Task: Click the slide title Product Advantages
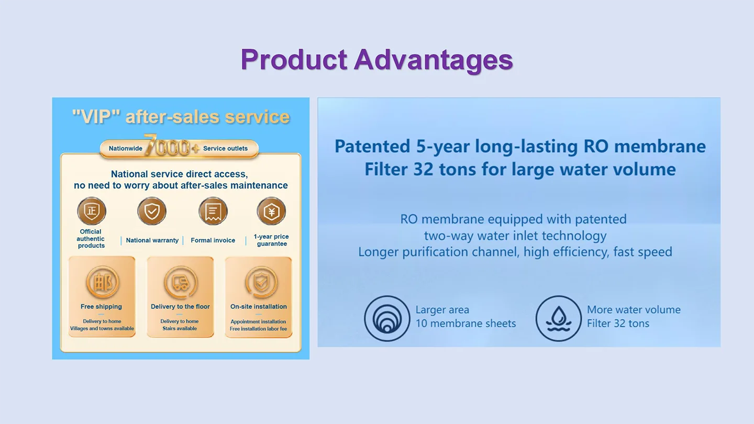pos(376,60)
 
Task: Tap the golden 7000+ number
pos(171,146)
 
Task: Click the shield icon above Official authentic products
pos(92,211)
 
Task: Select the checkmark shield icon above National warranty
pos(152,211)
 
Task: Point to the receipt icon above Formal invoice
pos(213,211)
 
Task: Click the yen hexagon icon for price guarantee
pos(271,211)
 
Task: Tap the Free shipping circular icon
pos(102,282)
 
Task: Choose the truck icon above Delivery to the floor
pos(181,282)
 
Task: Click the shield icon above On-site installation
pos(261,282)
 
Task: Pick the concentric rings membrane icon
pos(387,318)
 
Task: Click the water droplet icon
pos(558,318)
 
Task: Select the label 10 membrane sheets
pos(465,323)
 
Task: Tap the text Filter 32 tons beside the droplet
pos(618,323)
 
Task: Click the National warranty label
pos(152,240)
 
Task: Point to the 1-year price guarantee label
pos(271,240)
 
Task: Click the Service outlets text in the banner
pos(225,149)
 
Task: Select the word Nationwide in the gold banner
pos(125,149)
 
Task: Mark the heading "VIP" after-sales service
pos(181,117)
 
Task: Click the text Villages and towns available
pos(102,328)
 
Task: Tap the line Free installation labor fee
pos(259,329)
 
